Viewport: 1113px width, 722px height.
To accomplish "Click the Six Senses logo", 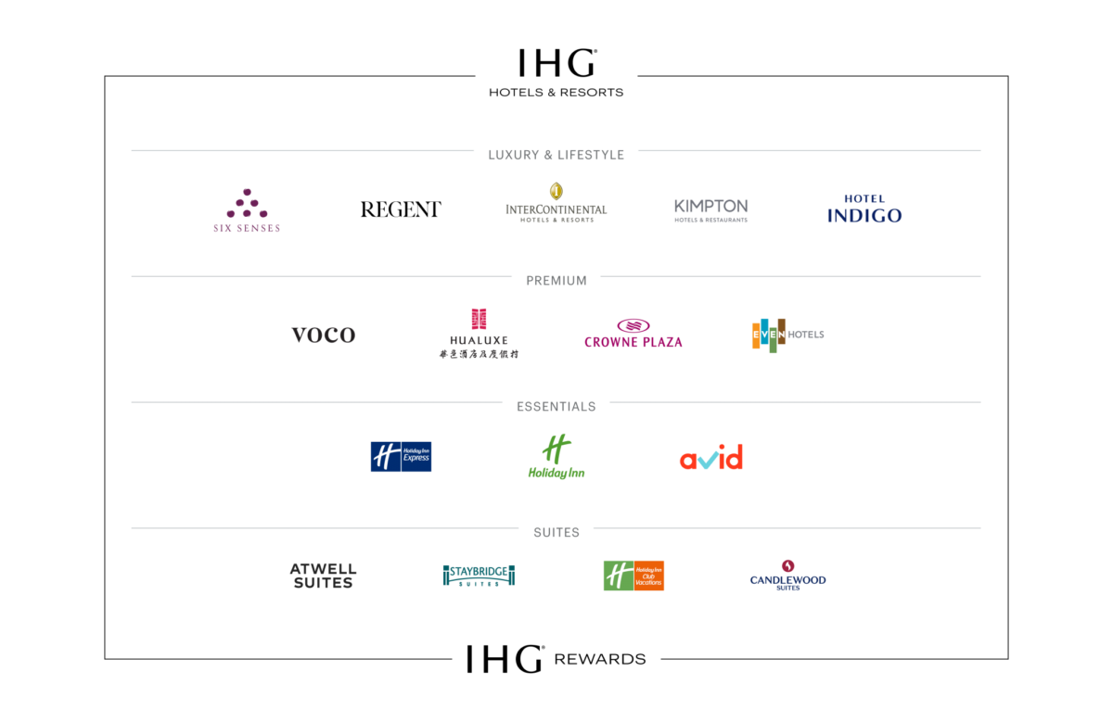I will coord(246,211).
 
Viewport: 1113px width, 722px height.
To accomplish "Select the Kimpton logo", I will coord(710,210).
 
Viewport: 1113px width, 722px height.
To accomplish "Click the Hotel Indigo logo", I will coord(864,210).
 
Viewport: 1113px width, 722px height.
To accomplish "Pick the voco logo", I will coord(323,336).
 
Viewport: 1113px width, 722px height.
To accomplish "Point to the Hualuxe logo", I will coord(479,335).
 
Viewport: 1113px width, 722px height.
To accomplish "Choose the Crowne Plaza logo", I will coord(633,335).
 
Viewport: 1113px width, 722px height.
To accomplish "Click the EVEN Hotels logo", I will coord(787,335).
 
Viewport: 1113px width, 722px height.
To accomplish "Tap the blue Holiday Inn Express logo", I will coord(401,456).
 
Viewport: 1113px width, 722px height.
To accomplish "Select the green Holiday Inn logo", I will coord(556,457).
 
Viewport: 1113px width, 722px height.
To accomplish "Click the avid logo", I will coord(711,457).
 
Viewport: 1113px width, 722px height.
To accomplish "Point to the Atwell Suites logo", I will coord(323,576).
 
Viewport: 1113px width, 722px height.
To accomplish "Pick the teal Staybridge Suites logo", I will coord(479,576).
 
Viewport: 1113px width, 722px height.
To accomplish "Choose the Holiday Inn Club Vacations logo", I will coord(633,576).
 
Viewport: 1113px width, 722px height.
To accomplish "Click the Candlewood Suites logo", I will coord(787,576).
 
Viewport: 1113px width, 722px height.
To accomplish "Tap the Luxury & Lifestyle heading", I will coord(556,156).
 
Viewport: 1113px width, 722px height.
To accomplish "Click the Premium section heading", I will coord(556,281).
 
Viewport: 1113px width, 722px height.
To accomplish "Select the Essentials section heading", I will coord(556,407).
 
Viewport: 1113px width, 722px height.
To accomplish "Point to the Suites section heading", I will coord(556,533).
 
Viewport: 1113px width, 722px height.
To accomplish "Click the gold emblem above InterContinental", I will coord(556,191).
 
